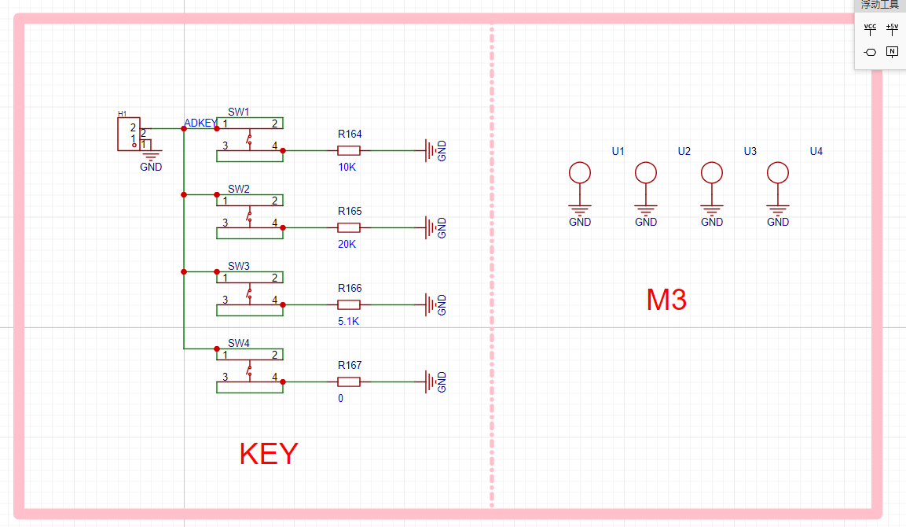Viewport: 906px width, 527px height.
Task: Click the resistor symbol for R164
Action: (348, 150)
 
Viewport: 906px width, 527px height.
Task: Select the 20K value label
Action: (347, 244)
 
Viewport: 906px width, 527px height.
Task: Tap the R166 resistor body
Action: (348, 305)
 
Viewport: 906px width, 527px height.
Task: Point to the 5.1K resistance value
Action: (348, 321)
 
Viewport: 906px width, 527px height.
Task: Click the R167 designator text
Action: (350, 365)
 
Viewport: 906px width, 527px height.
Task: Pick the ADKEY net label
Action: (200, 123)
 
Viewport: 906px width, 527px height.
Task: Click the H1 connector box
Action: (129, 135)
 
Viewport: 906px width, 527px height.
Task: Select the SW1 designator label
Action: (239, 112)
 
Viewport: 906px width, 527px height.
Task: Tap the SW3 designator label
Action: (239, 266)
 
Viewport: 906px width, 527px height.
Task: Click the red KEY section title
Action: (269, 454)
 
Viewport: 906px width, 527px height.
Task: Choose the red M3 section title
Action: (666, 300)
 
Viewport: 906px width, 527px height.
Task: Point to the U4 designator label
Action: (816, 151)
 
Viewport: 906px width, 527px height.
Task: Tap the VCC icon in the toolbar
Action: (870, 29)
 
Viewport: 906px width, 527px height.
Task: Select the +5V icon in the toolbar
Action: (892, 29)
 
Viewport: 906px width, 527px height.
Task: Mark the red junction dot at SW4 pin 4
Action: (283, 381)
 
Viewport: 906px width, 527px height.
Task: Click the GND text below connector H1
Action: (151, 167)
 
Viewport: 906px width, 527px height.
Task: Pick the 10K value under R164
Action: (347, 168)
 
